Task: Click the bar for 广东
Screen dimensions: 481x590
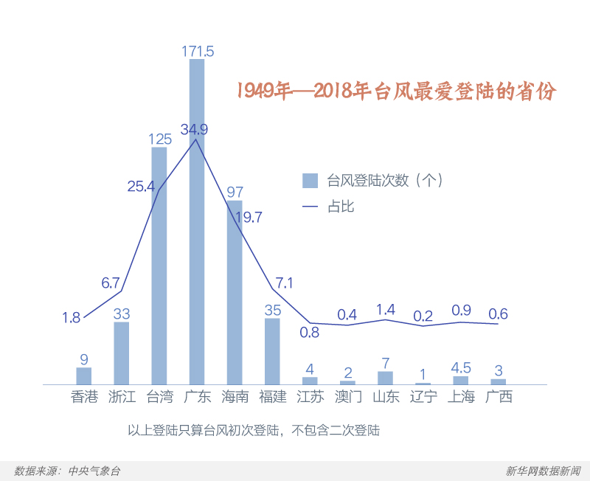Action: coord(197,221)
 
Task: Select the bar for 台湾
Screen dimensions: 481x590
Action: coord(159,266)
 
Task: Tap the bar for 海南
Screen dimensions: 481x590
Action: coord(235,292)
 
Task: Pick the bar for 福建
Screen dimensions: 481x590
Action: coord(272,351)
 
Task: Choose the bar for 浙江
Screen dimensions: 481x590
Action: coord(122,353)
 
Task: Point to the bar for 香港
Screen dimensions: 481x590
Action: coord(84,376)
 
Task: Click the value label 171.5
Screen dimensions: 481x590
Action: coord(198,51)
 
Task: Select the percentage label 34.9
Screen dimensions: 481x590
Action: coord(194,129)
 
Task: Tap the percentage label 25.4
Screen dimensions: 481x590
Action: coord(141,186)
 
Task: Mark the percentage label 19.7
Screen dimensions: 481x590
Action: coord(248,217)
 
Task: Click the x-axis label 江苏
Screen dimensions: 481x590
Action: coord(310,397)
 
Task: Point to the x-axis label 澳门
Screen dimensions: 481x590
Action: coord(347,397)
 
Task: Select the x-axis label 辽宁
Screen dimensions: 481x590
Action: coord(423,397)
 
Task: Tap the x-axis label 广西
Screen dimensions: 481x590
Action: coord(499,397)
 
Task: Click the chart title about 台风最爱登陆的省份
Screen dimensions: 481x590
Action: coord(396,91)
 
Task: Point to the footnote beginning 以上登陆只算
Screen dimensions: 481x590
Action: coord(254,429)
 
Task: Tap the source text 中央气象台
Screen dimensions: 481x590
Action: coord(94,471)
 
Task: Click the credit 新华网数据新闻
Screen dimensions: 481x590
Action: coord(543,471)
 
